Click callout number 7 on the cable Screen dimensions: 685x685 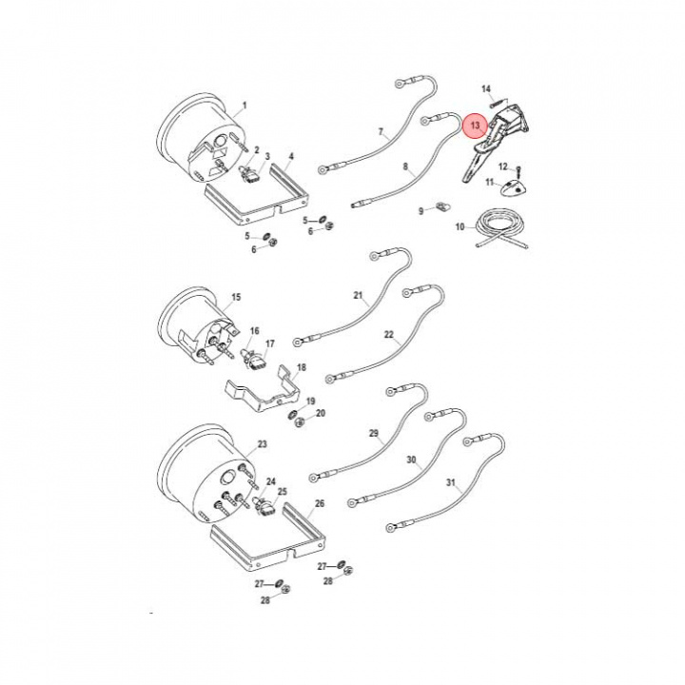380,132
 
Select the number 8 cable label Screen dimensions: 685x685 405,166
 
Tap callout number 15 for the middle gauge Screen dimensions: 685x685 236,298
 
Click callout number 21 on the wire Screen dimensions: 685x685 359,296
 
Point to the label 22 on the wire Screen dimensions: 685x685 388,335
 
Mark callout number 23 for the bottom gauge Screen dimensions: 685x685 263,444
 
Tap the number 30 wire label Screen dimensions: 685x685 412,460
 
